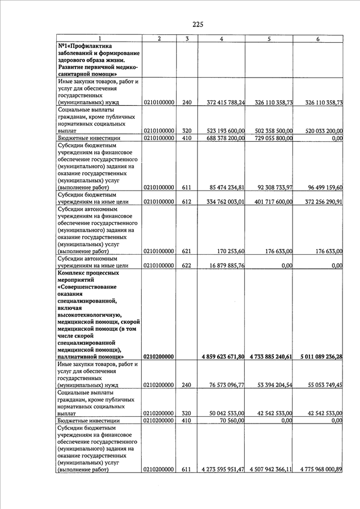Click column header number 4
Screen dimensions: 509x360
click(222, 39)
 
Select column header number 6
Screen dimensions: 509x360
click(318, 39)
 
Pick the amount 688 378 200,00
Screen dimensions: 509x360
click(226, 138)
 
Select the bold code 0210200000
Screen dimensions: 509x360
click(159, 357)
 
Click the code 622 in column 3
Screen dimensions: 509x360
click(187, 265)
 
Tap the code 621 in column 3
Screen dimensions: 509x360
click(187, 251)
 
